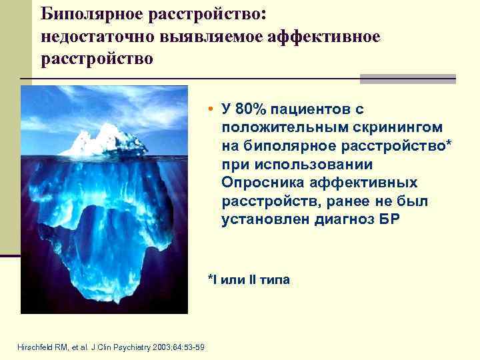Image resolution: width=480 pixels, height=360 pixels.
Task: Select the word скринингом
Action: [379, 127]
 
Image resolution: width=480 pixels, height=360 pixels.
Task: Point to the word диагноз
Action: [339, 219]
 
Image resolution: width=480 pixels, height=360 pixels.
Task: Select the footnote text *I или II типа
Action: [248, 279]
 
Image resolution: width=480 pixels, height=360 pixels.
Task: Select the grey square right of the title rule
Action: [407, 79]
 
